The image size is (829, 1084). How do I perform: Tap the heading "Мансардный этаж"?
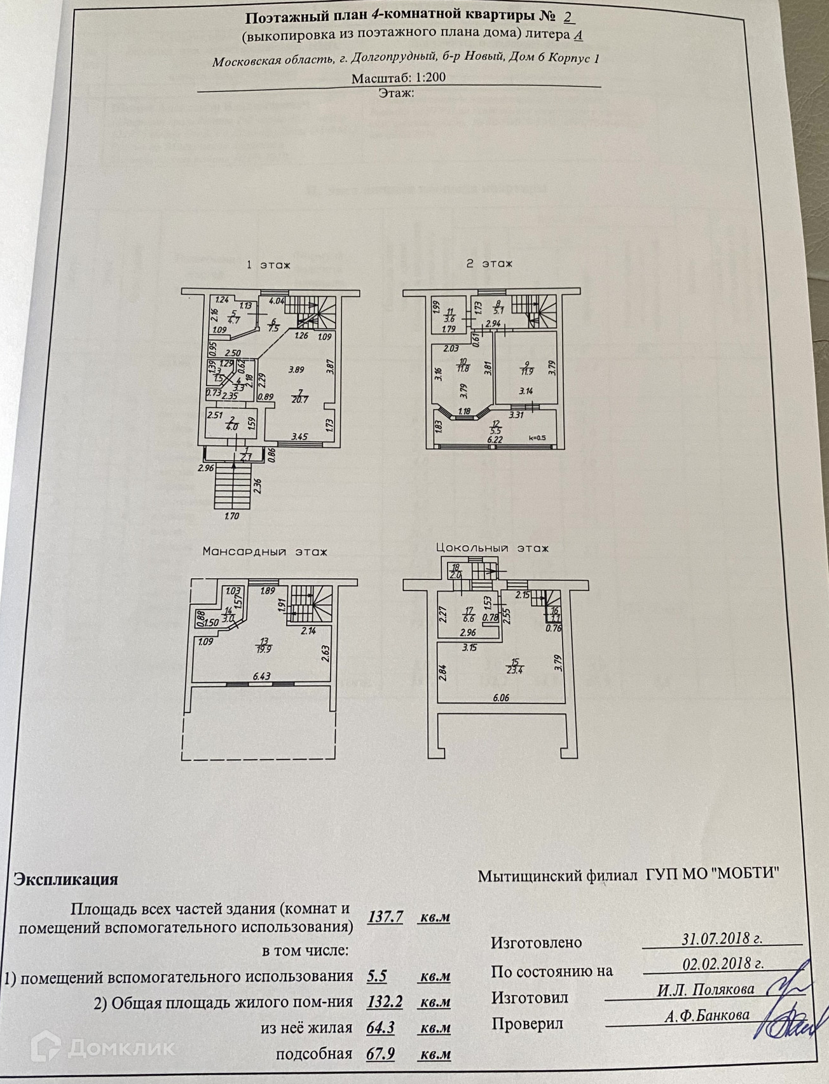pos(264,552)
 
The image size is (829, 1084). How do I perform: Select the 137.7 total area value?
pos(386,917)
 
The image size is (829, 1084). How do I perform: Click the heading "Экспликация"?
pos(66,880)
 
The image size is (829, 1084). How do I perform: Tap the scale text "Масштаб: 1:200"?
pos(399,78)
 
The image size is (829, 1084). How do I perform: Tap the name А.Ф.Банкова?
pos(707,1015)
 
